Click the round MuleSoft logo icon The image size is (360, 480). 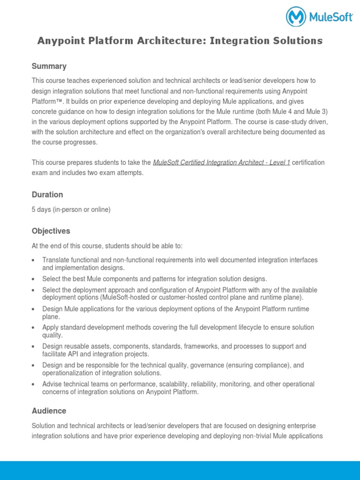point(296,16)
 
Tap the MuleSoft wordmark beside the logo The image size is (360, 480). point(330,17)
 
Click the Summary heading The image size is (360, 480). point(49,66)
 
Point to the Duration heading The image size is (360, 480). point(47,195)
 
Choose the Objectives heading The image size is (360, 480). point(51,231)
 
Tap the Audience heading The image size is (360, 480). point(49,411)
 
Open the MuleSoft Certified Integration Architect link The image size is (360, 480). point(222,163)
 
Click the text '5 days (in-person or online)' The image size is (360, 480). point(71,210)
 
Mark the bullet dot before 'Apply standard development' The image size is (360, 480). point(33,328)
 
